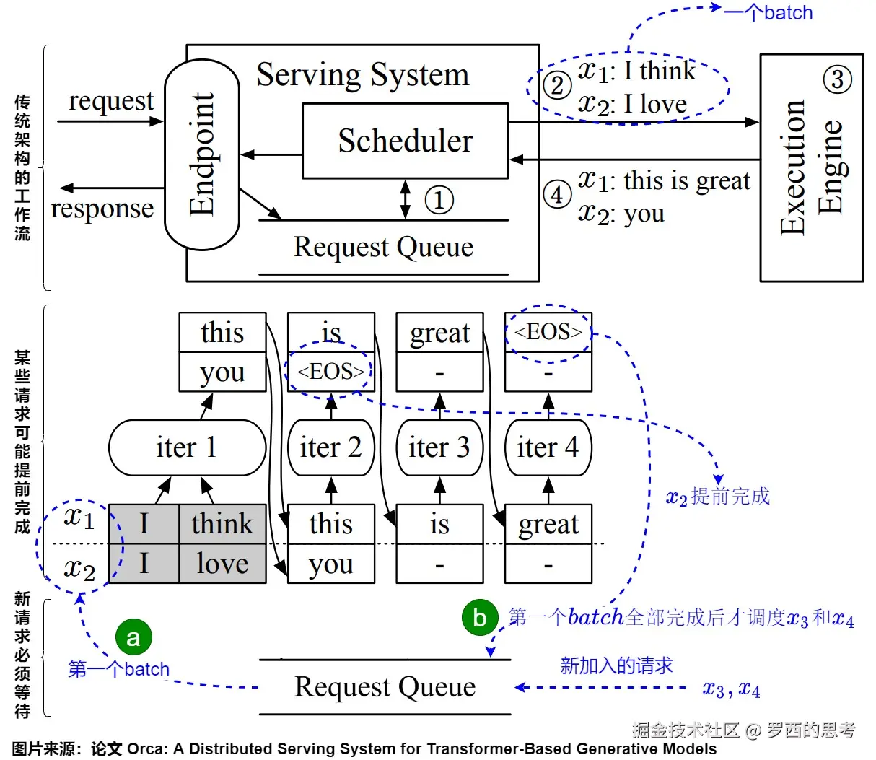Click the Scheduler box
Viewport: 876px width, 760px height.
405,141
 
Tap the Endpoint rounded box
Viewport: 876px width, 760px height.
202,154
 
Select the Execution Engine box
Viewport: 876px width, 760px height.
811,167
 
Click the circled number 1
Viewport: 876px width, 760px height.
439,200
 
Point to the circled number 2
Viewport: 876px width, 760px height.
557,86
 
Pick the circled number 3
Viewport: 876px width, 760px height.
837,79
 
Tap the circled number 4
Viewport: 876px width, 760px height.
557,195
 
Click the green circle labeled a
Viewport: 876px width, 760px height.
133,637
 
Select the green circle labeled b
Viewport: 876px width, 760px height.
480,618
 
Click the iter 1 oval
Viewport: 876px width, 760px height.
187,447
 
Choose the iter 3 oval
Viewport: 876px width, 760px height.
439,447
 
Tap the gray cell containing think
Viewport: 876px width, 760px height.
222,524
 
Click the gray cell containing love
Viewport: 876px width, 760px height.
222,564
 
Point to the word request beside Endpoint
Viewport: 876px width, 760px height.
110,101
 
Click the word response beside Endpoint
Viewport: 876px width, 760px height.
102,209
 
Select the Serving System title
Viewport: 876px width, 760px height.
362,74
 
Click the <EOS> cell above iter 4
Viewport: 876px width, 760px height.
548,332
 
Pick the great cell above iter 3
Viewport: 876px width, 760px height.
439,333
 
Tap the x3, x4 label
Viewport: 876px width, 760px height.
731,689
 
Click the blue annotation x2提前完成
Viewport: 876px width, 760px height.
717,497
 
